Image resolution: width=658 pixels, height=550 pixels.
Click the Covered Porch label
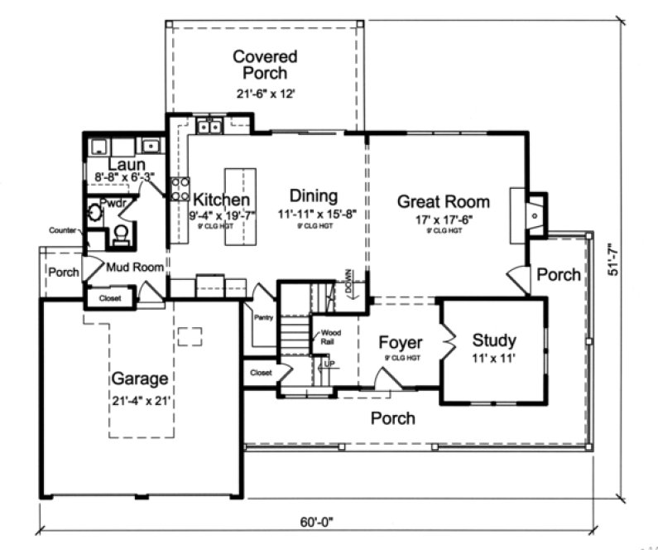tap(265, 65)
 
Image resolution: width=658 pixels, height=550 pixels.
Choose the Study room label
tap(494, 340)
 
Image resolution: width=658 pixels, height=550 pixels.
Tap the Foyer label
tap(401, 343)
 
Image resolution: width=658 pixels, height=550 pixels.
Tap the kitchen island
tap(240, 208)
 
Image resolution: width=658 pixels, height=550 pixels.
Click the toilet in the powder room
tap(121, 236)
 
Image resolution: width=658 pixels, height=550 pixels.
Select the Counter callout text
tap(63, 229)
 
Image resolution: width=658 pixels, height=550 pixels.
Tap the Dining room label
tap(314, 196)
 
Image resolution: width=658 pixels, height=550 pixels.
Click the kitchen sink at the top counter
tap(209, 127)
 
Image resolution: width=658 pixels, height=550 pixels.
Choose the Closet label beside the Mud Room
tap(110, 297)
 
